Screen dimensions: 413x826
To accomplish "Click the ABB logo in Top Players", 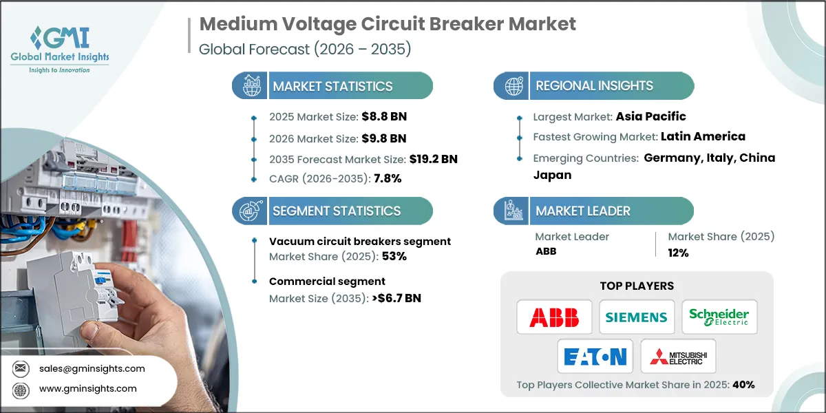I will point(554,317).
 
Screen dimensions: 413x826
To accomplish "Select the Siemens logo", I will point(637,317).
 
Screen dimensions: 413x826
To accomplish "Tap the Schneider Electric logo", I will point(719,317).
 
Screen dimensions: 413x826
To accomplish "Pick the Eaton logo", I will point(595,357).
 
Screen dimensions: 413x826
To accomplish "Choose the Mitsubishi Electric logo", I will point(678,357).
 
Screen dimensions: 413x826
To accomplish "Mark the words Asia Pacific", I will point(652,116).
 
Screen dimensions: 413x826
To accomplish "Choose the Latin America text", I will point(703,136).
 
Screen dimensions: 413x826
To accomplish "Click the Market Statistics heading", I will point(332,86).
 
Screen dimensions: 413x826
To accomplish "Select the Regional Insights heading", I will point(594,86).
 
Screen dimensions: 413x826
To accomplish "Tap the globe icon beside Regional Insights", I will point(513,86).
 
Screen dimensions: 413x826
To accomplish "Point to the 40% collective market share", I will point(743,385).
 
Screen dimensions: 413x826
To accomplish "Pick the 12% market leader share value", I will point(678,252).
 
